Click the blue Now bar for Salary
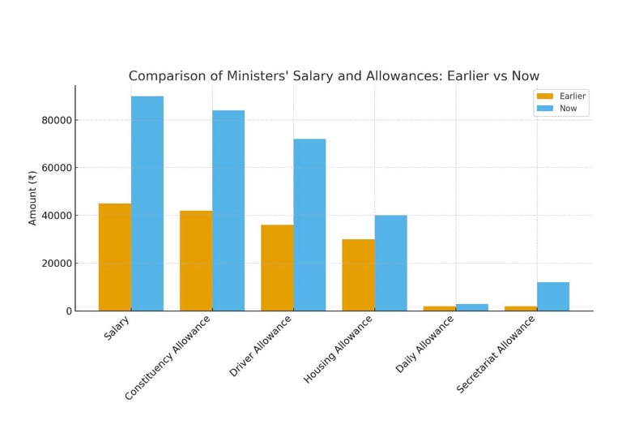[x=147, y=203]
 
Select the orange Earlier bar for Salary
[x=115, y=256]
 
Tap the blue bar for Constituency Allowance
[x=228, y=210]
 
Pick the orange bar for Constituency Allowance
[x=196, y=260]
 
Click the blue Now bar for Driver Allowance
[x=309, y=225]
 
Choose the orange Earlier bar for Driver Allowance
[x=277, y=268]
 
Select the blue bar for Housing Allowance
[x=390, y=263]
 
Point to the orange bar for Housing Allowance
[x=358, y=275]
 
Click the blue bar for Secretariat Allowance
[x=553, y=296]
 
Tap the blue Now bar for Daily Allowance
[x=472, y=307]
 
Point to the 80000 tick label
[x=56, y=120]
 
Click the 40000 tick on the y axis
[x=56, y=216]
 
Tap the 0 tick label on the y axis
[x=68, y=311]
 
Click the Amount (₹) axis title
[x=32, y=198]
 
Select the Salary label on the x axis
[x=117, y=327]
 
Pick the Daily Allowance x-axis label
[x=424, y=344]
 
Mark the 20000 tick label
[x=56, y=264]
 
